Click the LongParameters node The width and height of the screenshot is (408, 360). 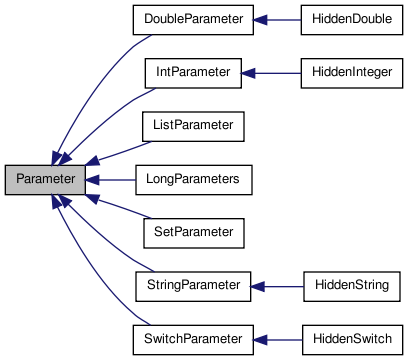pos(193,179)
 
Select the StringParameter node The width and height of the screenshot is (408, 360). pos(192,286)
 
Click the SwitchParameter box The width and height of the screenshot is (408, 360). pos(192,339)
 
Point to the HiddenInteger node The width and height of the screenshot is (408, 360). pos(353,73)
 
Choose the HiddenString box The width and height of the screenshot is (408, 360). pos(352,286)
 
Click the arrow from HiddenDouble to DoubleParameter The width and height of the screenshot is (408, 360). pos(276,19)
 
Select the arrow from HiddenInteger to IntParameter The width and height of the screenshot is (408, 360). pos(270,73)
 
